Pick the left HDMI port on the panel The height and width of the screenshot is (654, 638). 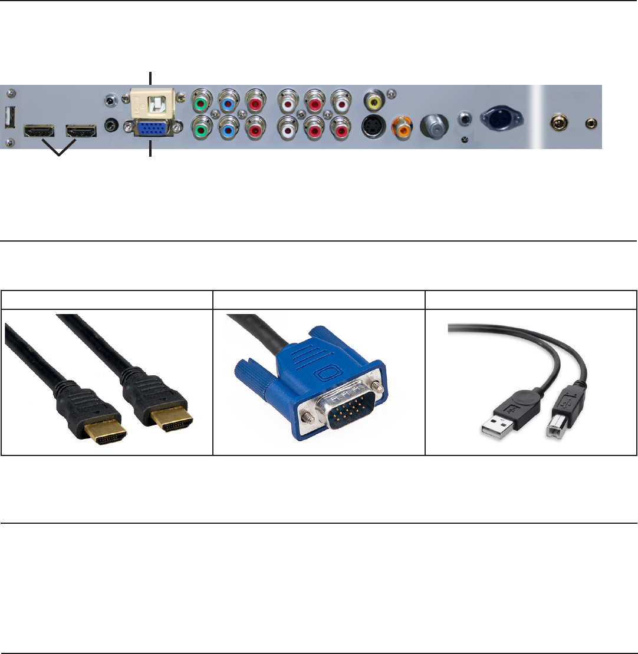[38, 130]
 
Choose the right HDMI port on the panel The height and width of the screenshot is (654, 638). [81, 130]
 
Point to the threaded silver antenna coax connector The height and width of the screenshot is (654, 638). [433, 125]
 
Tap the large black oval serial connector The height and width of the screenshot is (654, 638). [503, 117]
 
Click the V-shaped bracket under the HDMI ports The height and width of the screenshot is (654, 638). [59, 150]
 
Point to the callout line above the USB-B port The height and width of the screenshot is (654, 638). [151, 78]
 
